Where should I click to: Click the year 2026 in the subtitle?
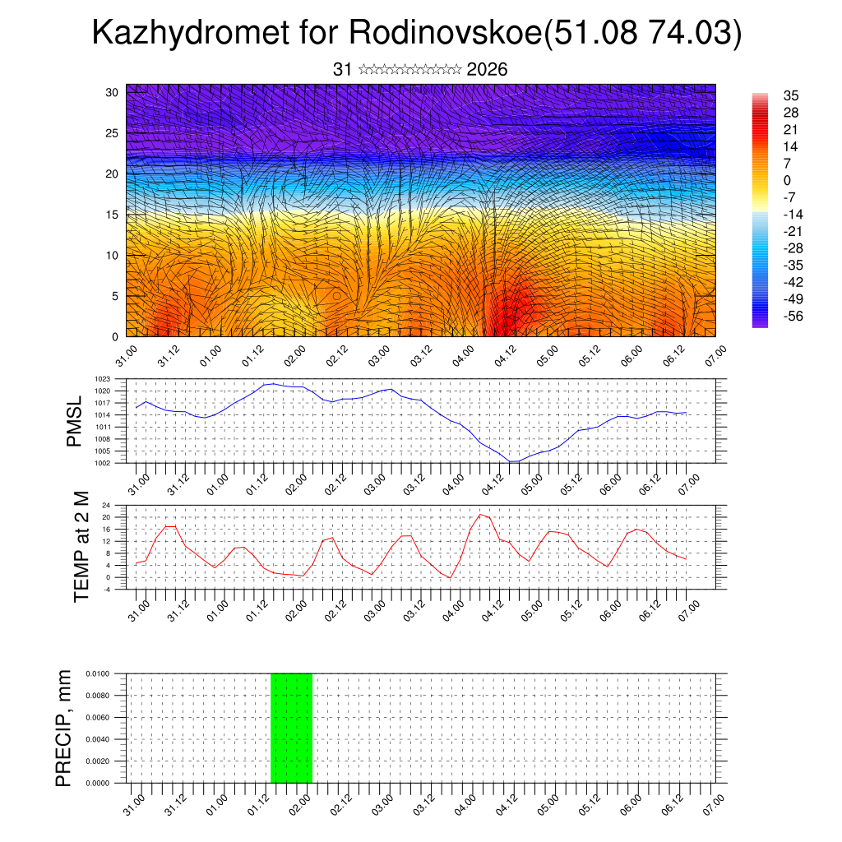(487, 70)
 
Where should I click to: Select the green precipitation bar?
(291, 728)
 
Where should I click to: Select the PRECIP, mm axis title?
(63, 728)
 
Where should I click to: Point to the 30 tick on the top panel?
(113, 92)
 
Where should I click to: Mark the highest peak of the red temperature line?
(480, 515)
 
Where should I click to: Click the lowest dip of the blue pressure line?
(511, 461)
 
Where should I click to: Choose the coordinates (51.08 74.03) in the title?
(645, 33)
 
